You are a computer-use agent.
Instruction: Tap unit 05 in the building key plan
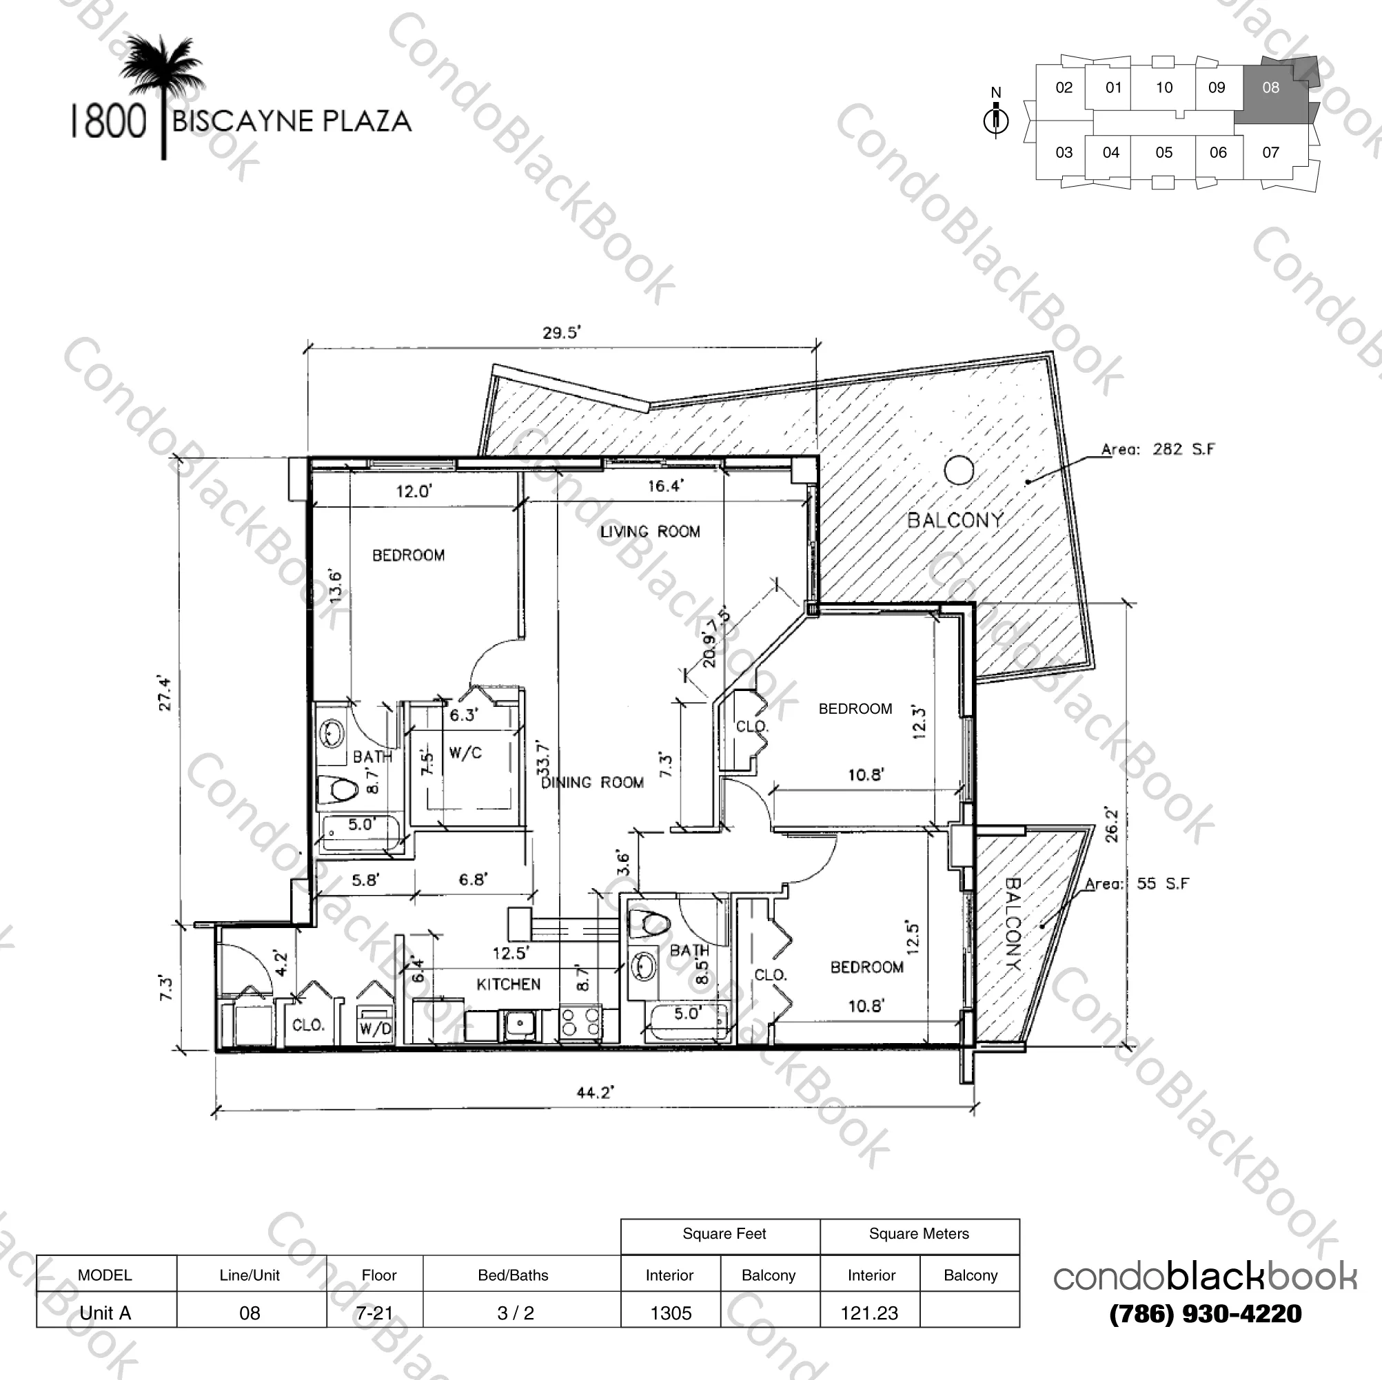(1163, 152)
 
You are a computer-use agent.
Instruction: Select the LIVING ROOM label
(649, 531)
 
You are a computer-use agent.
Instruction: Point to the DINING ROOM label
(592, 782)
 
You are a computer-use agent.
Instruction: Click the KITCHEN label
(509, 985)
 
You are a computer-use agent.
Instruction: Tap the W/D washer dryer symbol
(376, 1024)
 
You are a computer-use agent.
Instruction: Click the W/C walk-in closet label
(465, 753)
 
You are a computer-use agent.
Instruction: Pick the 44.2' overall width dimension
(595, 1092)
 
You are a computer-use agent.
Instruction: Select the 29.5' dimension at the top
(562, 333)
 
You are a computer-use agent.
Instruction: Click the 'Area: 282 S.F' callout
(1157, 450)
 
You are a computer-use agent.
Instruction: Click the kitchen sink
(520, 1024)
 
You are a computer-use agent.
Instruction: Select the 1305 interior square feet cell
(670, 1312)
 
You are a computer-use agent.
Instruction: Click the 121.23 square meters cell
(869, 1312)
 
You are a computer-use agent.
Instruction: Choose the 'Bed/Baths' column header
(513, 1275)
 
